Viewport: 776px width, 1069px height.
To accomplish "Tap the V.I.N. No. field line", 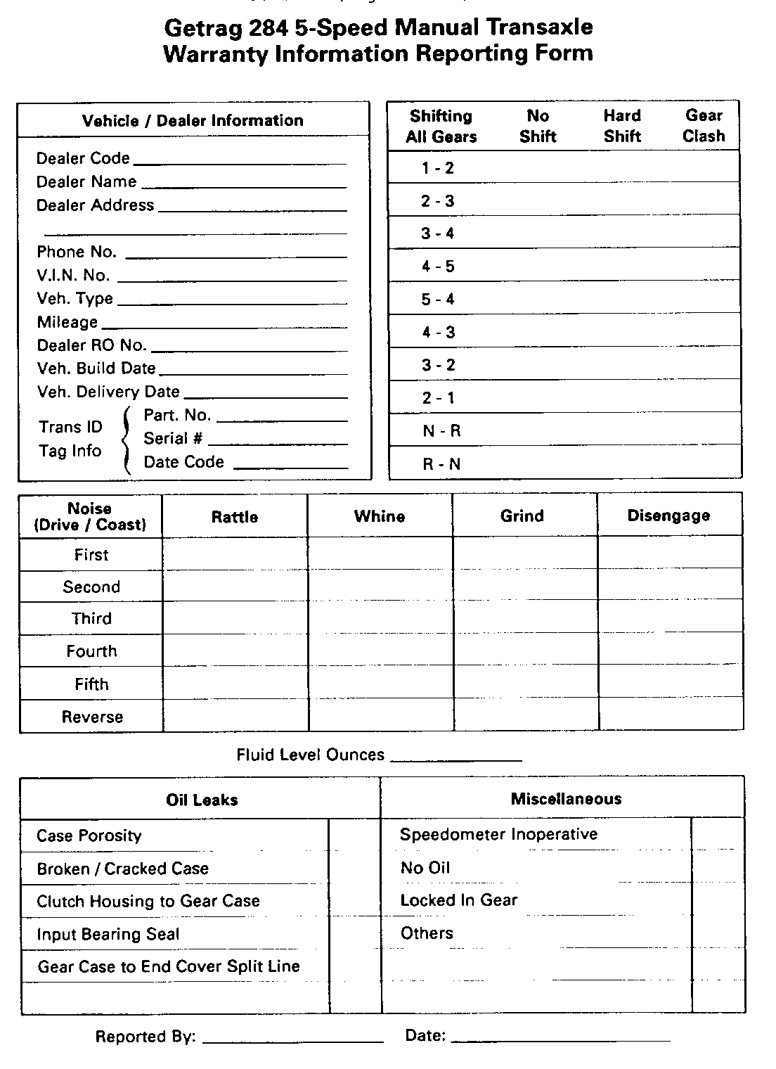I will [x=232, y=279].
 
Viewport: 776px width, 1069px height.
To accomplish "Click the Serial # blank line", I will [x=278, y=442].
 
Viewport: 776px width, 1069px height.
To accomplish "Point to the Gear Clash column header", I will [x=704, y=126].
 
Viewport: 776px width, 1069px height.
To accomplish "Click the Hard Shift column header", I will [x=622, y=126].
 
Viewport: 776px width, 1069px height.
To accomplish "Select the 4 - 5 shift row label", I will [x=438, y=267].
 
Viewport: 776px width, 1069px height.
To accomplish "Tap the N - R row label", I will [x=441, y=431].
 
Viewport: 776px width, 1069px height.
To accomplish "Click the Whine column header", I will [x=380, y=517].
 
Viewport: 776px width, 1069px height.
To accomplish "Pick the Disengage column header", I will [x=668, y=516].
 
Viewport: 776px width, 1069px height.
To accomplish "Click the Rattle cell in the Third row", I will [x=235, y=619].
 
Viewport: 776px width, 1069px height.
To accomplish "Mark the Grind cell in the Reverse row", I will [x=524, y=717].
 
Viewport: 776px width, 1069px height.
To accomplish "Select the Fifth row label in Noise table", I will [x=91, y=684].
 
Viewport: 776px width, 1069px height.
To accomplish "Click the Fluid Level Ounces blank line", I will [x=455, y=758].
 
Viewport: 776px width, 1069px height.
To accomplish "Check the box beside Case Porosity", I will [x=354, y=836].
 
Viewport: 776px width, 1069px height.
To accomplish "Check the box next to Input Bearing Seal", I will [x=354, y=934].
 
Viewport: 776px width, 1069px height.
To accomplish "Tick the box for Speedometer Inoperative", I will [x=718, y=835].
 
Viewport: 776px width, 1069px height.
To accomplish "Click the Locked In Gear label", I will [x=459, y=901].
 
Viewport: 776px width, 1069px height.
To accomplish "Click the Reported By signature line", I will [x=292, y=1039].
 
